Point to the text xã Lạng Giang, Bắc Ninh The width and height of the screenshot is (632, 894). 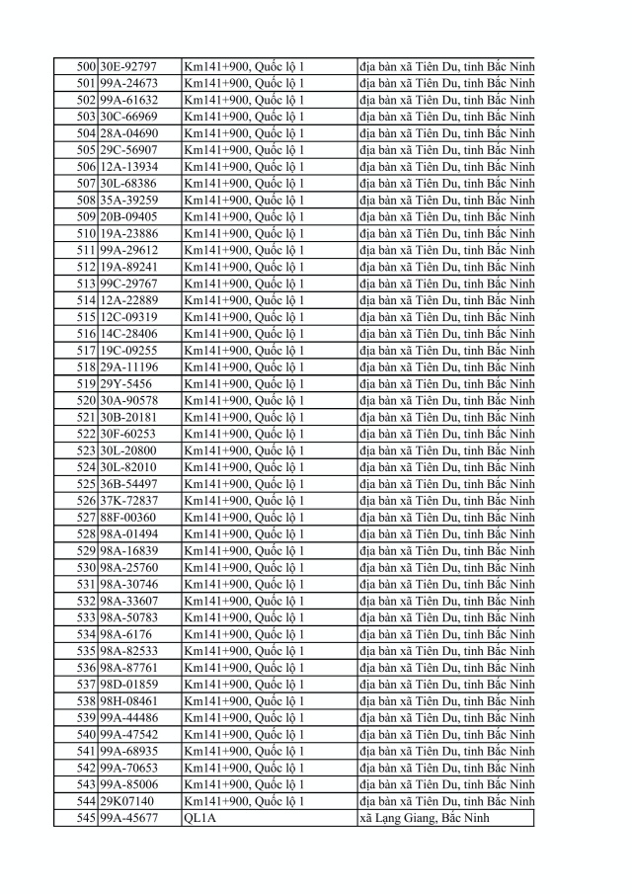tap(425, 818)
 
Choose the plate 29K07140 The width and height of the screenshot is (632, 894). tap(126, 801)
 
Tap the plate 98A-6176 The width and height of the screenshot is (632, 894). tap(125, 634)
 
